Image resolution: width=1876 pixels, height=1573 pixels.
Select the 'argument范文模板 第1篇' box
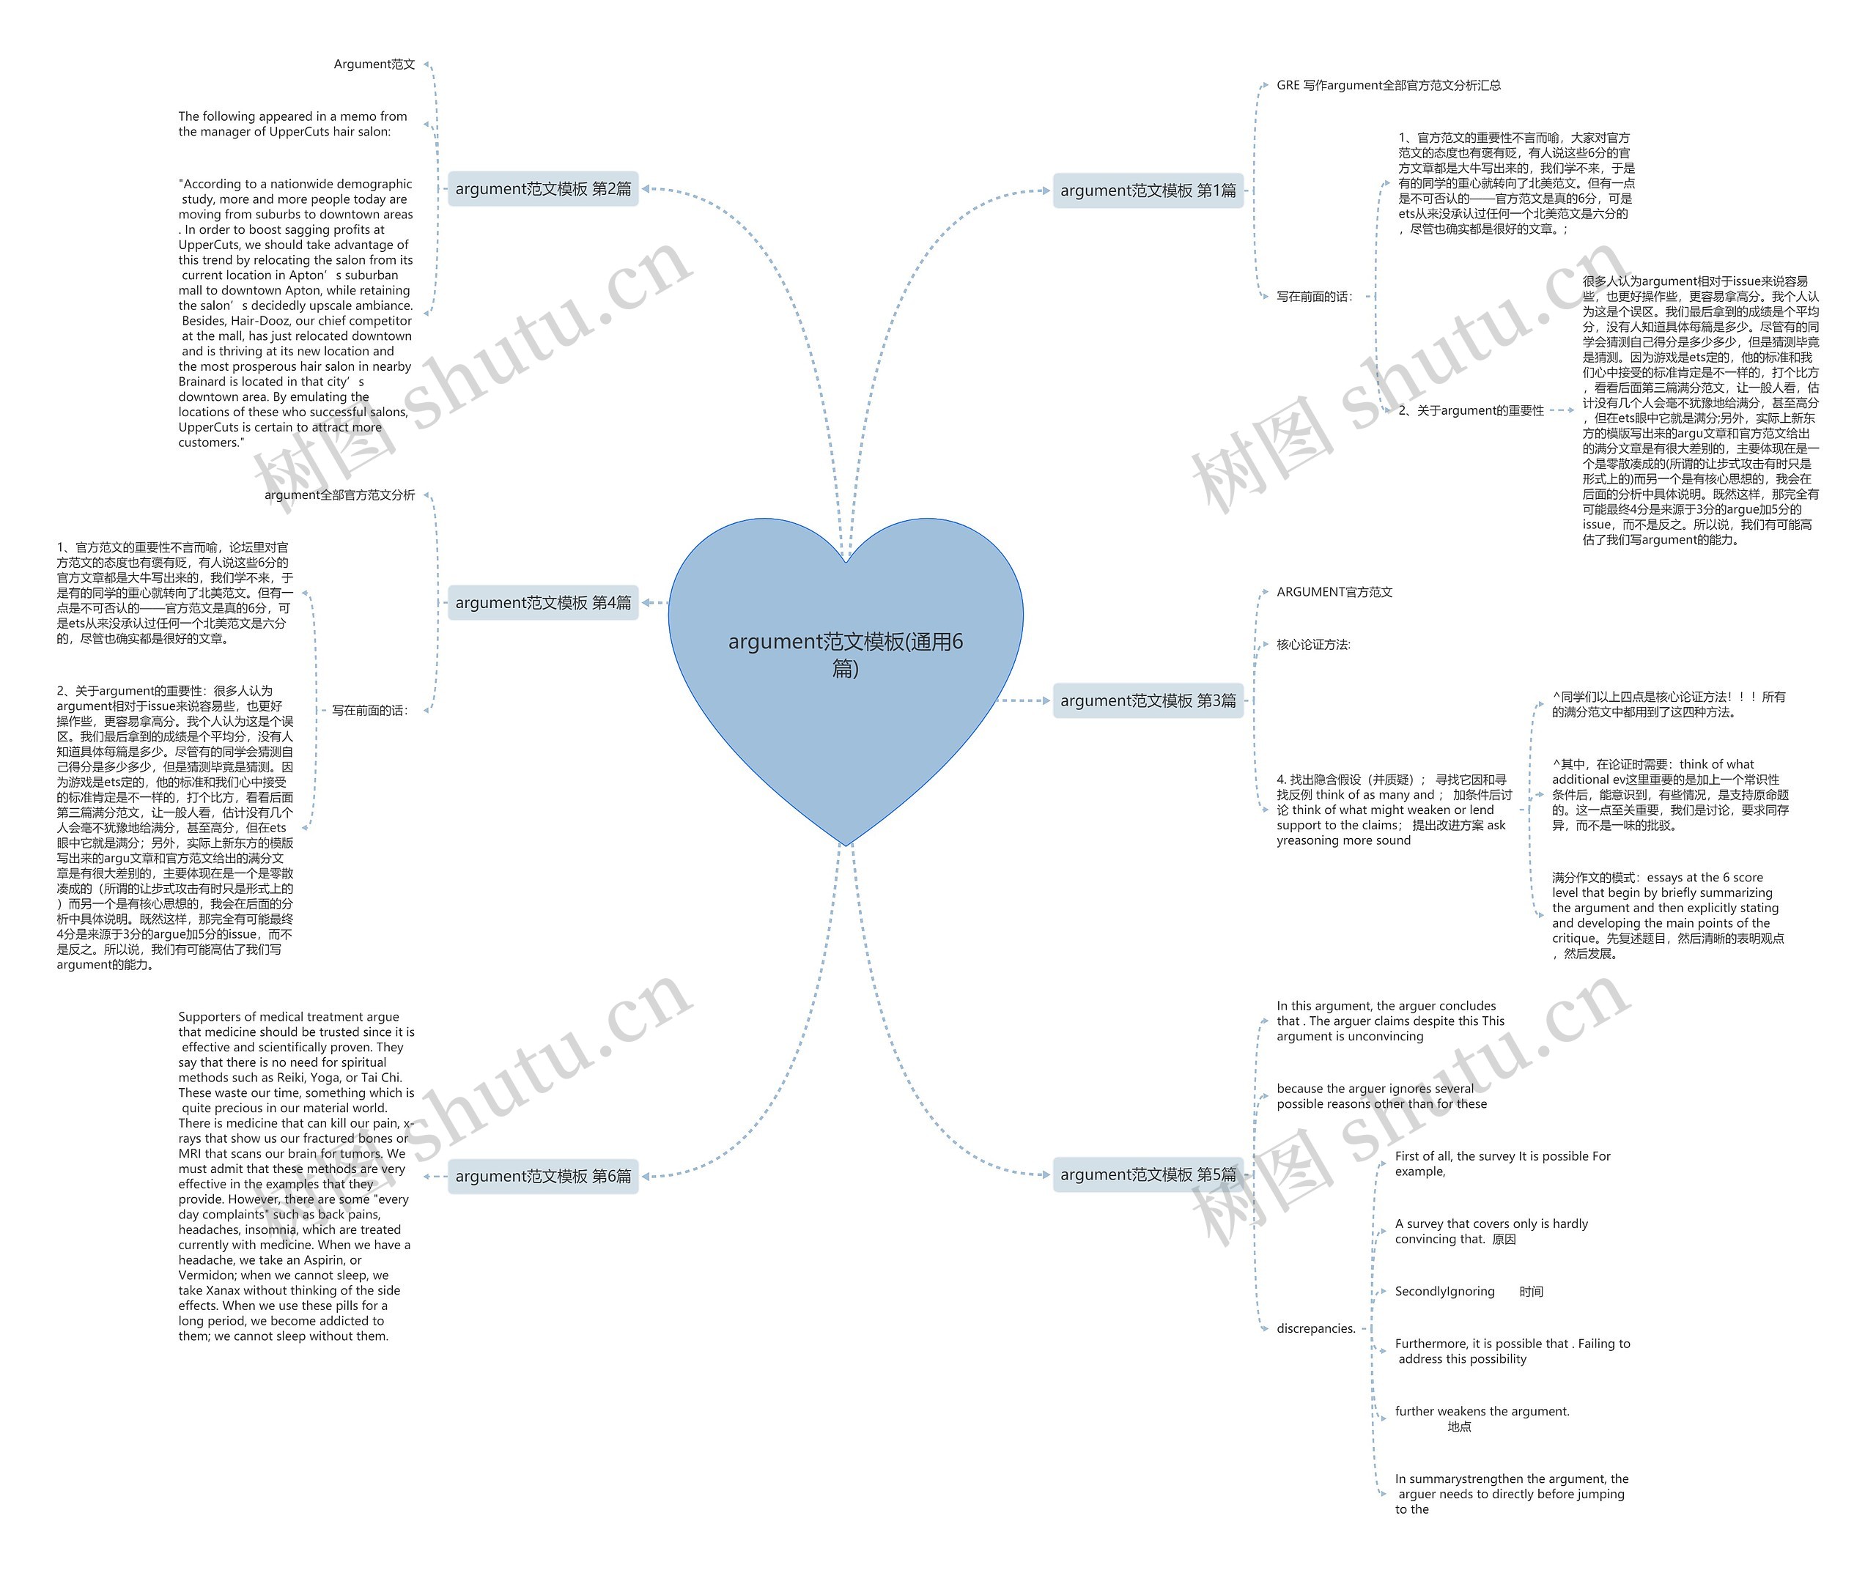1148,190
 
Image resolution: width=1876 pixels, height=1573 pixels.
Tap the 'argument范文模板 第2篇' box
542,188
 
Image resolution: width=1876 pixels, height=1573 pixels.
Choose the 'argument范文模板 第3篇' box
1148,700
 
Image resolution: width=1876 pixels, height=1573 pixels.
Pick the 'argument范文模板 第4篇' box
542,603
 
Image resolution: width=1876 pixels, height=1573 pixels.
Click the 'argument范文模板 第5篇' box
1148,1174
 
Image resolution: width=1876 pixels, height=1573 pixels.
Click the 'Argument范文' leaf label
374,64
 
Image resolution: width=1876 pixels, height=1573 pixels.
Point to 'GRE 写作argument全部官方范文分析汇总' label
1388,86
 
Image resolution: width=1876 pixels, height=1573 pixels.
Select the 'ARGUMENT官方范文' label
1334,592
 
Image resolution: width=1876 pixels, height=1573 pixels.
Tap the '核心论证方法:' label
1313,644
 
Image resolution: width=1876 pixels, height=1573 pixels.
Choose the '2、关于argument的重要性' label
1471,411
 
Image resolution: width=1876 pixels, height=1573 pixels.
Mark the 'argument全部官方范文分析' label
339,495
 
